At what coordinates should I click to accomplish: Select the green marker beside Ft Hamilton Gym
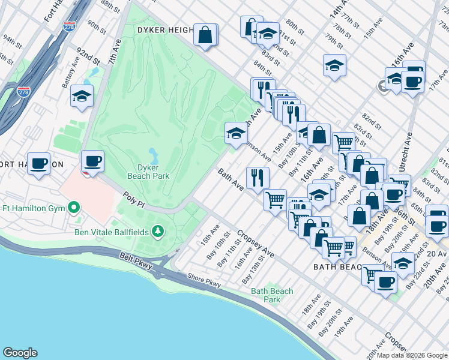coord(74,208)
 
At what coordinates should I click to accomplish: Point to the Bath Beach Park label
coord(272,295)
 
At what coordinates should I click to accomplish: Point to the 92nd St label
coord(87,57)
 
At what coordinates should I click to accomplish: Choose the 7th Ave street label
coord(112,53)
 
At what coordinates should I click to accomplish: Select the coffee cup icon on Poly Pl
coord(92,160)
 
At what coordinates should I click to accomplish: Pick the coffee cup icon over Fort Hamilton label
coord(39,163)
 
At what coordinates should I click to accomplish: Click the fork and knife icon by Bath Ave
coord(258,178)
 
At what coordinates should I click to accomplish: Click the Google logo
coord(20,353)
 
